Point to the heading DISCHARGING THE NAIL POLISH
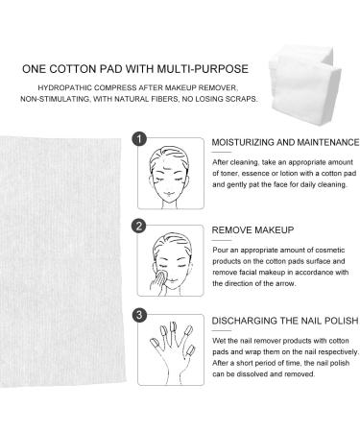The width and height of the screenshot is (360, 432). click(272, 315)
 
